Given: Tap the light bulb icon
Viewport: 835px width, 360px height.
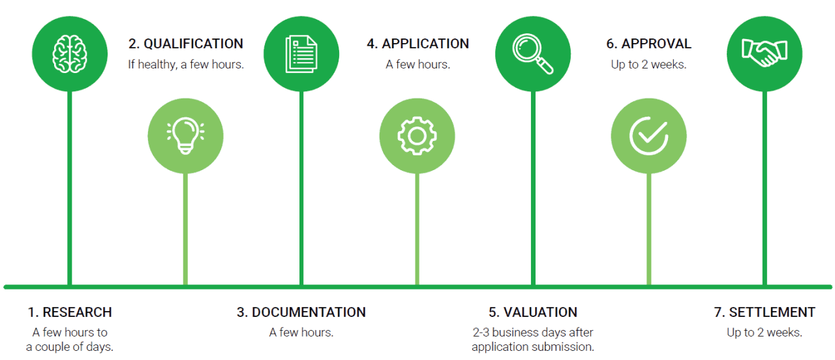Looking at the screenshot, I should point(185,136).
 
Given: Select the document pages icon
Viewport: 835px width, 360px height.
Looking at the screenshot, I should point(301,53).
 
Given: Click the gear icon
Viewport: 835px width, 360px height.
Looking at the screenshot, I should point(417,136).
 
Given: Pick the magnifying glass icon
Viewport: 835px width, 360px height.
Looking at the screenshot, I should point(533,53).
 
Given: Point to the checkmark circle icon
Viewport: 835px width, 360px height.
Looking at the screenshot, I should point(648,136).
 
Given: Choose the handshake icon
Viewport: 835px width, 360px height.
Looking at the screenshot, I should point(764,53).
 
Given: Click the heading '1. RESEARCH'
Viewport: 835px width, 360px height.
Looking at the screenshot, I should point(70,312).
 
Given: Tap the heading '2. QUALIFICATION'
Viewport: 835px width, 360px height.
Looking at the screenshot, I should point(186,44).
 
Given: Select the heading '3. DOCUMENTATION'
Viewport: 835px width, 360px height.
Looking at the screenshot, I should point(301,312).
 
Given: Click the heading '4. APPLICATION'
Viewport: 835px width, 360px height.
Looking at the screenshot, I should point(417,44).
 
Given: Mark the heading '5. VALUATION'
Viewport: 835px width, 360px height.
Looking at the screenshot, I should point(533,312).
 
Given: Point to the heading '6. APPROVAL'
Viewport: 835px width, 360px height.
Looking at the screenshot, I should point(648,44).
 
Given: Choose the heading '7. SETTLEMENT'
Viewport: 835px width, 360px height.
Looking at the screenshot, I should point(765,312).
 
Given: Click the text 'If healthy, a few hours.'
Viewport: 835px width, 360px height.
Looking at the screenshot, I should point(186,65).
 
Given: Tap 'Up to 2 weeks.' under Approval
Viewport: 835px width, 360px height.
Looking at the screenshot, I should point(648,65).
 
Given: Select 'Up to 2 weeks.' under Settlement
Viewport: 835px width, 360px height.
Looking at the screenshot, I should point(765,333).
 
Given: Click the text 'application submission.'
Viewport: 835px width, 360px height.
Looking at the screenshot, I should point(533,347).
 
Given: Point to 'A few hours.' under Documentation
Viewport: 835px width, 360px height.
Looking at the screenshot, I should point(301,333).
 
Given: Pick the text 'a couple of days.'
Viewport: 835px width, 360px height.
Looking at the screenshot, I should point(70,347).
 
